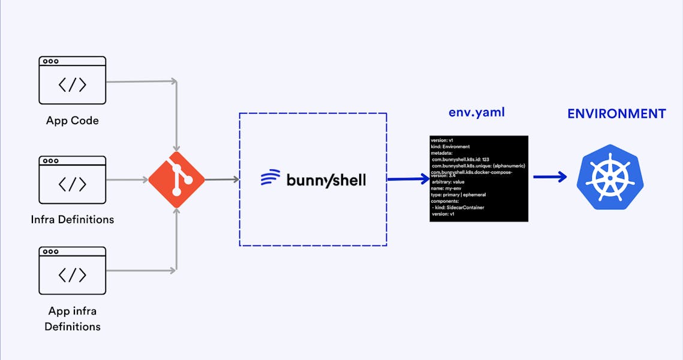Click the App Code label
click(73, 121)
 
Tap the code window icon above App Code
click(73, 80)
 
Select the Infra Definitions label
click(73, 220)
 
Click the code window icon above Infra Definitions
click(73, 180)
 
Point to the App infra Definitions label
click(73, 319)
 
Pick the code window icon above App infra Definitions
click(73, 270)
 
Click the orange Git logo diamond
click(176, 179)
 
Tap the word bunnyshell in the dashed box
click(326, 179)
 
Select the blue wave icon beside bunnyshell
click(270, 178)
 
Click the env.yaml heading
click(477, 112)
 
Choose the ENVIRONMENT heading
click(616, 113)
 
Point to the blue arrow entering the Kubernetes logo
click(550, 176)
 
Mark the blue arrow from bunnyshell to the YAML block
click(408, 179)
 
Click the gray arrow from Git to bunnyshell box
click(221, 179)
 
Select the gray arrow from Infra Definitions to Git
click(127, 179)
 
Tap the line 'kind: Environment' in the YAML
click(450, 146)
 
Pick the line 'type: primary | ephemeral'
click(459, 194)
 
